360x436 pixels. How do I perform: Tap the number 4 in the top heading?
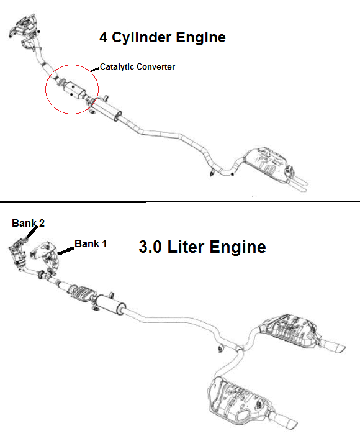[x=104, y=37]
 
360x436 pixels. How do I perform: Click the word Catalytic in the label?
[x=117, y=67]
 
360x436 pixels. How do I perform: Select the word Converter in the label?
[x=156, y=66]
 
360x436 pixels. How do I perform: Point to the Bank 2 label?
[x=28, y=223]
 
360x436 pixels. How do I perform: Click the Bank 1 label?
[x=91, y=244]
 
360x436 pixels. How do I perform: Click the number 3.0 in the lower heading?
[x=150, y=247]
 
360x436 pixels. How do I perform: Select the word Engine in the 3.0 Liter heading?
[x=238, y=247]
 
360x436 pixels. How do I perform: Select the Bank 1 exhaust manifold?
[x=45, y=256]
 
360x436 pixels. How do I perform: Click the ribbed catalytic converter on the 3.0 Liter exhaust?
[x=81, y=293]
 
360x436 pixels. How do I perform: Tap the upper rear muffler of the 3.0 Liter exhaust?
[x=289, y=331]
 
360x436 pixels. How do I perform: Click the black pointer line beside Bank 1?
[x=66, y=251]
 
